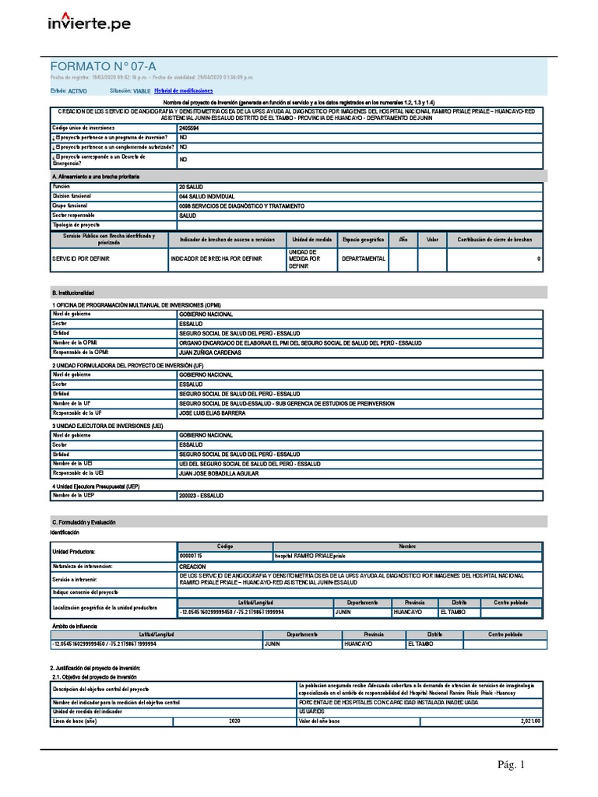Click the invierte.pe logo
pyautogui.click(x=90, y=23)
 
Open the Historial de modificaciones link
pyautogui.click(x=183, y=91)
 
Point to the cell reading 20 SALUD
pyautogui.click(x=192, y=188)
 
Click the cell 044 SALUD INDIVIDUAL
pyautogui.click(x=206, y=197)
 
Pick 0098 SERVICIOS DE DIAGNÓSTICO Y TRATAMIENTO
pyautogui.click(x=241, y=206)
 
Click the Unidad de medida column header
pyautogui.click(x=312, y=240)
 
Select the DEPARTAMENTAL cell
pyautogui.click(x=363, y=259)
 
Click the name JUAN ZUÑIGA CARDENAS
pyautogui.click(x=210, y=352)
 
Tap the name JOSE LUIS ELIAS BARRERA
pyautogui.click(x=212, y=413)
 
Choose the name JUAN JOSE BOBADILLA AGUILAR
pyautogui.click(x=218, y=473)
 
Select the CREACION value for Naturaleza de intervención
pyautogui.click(x=192, y=567)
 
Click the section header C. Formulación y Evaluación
pyautogui.click(x=84, y=521)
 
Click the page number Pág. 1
pyautogui.click(x=512, y=765)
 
